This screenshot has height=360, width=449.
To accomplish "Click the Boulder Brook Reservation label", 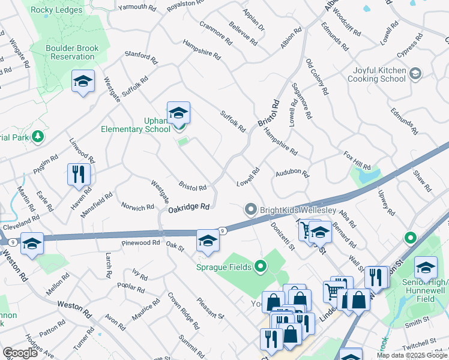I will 71,52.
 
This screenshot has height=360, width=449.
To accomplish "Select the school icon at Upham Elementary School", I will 178,113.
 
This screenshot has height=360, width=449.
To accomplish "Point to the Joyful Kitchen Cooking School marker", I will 415,74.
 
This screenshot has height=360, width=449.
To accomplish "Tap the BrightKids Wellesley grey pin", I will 250,209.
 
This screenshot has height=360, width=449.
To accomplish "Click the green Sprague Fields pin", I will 260,266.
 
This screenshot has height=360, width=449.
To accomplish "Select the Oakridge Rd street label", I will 188,207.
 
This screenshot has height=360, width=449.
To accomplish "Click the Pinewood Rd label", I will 140,243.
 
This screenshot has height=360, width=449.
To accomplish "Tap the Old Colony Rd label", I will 318,77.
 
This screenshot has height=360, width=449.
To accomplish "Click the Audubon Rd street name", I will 292,174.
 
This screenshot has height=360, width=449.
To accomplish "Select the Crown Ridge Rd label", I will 182,311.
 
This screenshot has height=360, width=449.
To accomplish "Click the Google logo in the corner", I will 20,353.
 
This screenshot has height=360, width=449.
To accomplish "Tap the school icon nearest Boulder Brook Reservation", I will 83,82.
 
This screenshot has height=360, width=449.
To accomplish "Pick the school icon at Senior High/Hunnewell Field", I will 426,268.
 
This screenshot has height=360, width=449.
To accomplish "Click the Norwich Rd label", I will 137,208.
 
